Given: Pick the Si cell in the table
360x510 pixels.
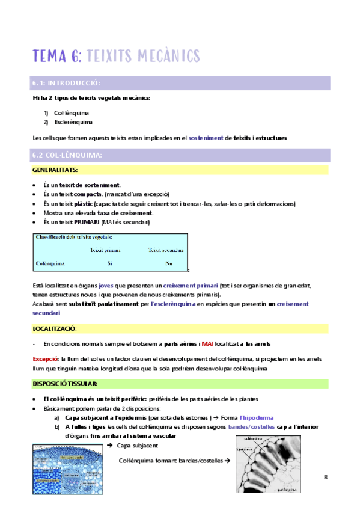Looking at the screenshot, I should [110, 263].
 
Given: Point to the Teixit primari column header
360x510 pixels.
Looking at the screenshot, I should [105, 250].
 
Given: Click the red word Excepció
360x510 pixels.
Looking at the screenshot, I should [44, 358].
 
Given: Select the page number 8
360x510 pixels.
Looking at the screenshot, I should [325, 478].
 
